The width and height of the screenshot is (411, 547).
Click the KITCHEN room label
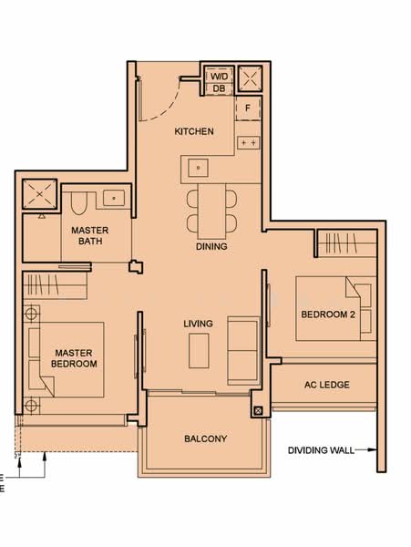point(194,131)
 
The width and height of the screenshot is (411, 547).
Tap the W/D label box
point(219,75)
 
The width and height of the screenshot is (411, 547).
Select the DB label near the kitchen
point(219,88)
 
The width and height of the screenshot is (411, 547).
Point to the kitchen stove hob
point(248,142)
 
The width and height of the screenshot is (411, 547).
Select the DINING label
point(211,246)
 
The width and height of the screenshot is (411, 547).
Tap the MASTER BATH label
point(91,236)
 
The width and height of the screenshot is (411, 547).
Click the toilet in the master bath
point(77,201)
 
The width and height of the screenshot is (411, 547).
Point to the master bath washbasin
point(114,196)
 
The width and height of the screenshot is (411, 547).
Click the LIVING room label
point(198,324)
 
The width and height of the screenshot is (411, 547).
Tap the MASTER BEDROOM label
point(75,357)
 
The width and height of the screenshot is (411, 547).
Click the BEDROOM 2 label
point(327,315)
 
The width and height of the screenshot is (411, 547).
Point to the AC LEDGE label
point(325,385)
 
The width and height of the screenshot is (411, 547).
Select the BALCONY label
point(205,439)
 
